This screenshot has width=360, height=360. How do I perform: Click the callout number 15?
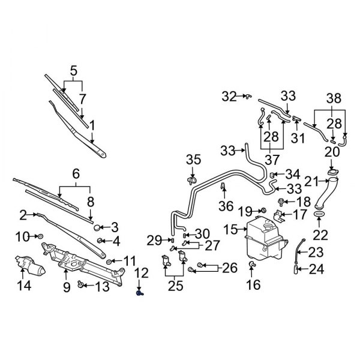[230, 229]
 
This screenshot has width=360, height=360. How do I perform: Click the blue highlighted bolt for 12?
[139, 295]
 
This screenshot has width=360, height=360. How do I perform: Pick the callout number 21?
[310, 181]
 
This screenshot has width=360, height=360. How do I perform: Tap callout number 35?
[193, 160]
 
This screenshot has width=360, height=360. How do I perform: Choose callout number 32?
[229, 95]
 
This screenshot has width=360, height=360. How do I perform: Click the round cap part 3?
[97, 228]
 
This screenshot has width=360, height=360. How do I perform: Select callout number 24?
[316, 269]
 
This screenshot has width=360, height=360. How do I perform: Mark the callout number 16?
[254, 284]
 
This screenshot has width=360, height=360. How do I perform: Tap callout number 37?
[272, 160]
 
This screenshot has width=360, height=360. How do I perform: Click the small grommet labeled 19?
[263, 210]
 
